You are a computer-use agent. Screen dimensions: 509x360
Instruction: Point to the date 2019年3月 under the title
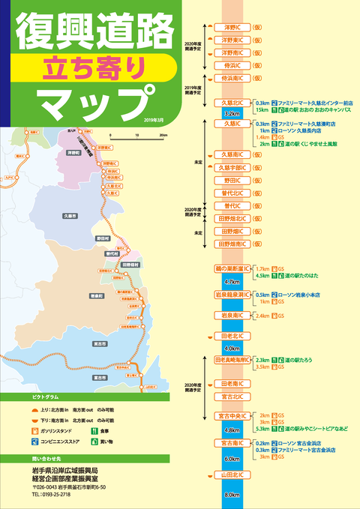158,120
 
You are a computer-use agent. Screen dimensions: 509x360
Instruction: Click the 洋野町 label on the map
73,151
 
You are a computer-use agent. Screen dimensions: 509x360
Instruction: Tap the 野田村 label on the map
103,238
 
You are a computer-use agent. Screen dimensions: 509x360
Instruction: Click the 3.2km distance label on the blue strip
232,113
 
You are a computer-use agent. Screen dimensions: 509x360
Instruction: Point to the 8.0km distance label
232,495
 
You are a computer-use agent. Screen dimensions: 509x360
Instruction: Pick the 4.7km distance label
232,282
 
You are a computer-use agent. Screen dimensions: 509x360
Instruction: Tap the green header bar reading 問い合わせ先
45,457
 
